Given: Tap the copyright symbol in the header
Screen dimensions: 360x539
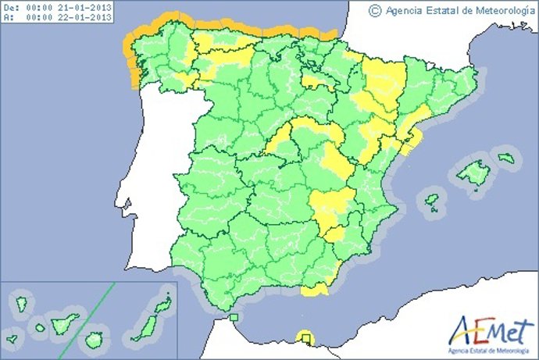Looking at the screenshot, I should click(x=374, y=10).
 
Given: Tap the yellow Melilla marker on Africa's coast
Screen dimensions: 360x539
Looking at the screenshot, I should click(x=304, y=337).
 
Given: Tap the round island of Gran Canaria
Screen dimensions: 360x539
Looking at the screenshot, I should click(x=94, y=340).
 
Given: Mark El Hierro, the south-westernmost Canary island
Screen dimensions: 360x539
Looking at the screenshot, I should click(x=12, y=340).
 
